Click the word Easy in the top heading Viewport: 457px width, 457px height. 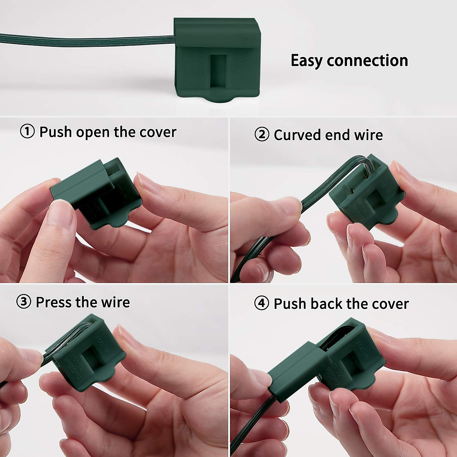click(307, 61)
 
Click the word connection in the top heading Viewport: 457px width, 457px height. click(367, 61)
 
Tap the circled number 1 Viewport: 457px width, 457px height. click(27, 132)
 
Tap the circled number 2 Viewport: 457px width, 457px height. click(262, 135)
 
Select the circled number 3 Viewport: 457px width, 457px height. click(24, 302)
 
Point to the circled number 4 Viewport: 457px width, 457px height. click(262, 304)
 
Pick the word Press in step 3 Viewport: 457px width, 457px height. click(54, 302)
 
